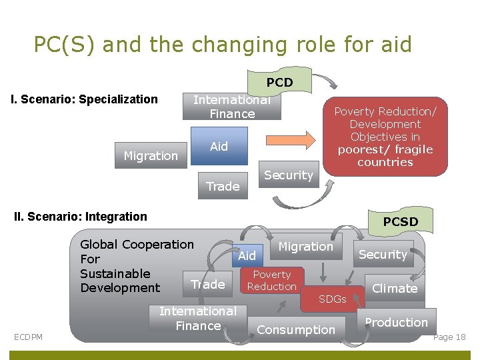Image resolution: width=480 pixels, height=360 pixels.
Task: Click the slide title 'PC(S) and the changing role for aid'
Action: (223, 44)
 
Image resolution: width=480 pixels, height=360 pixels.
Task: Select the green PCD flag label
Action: (279, 83)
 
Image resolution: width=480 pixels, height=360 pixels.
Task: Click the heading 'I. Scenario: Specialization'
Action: (85, 100)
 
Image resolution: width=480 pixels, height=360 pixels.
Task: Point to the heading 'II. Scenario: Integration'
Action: (81, 217)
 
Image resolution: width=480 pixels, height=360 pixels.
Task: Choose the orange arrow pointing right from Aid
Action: (291, 140)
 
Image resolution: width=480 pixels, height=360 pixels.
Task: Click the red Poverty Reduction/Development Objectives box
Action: (385, 137)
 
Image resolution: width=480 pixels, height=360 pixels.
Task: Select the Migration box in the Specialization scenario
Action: (151, 156)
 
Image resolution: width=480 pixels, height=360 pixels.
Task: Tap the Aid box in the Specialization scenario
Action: (219, 147)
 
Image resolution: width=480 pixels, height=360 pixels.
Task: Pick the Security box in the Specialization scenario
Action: (288, 175)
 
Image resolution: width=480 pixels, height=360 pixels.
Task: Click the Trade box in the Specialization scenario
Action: (223, 187)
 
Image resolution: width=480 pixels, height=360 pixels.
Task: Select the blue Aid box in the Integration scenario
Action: (247, 256)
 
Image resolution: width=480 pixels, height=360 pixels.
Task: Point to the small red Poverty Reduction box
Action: (271, 281)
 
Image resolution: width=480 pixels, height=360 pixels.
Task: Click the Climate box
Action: (394, 289)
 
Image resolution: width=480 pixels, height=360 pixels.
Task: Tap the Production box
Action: (396, 323)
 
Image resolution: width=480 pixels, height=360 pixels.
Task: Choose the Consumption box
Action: (296, 330)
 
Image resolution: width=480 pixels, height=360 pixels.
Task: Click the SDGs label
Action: (332, 299)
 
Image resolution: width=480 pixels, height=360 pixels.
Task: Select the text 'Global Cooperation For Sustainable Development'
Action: (137, 266)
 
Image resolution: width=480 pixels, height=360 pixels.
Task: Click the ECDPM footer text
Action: (28, 337)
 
